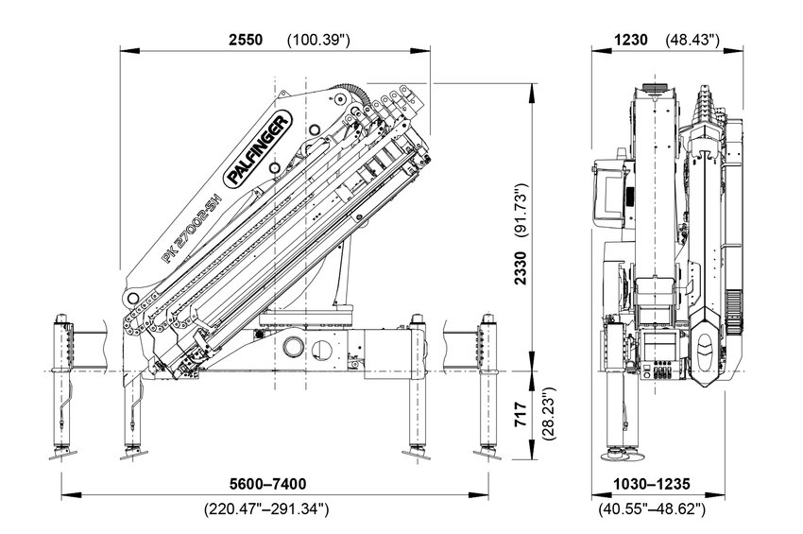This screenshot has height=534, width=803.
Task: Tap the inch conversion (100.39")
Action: pos(318,40)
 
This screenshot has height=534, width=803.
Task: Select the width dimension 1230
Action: pos(630,40)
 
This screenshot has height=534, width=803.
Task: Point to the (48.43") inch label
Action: pos(693,40)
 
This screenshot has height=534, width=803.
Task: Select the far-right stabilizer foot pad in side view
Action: pos(488,456)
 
